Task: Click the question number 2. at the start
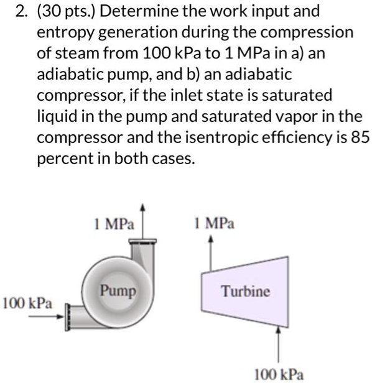[x=11, y=11]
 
